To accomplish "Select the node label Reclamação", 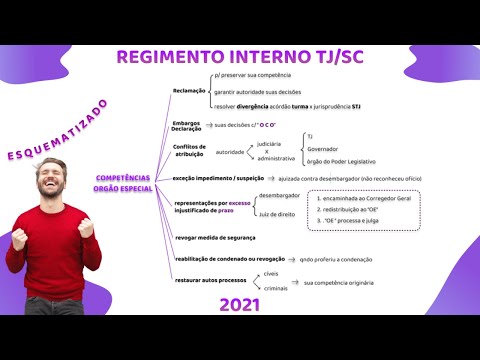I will click(x=189, y=89).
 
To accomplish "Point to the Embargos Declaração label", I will click(x=187, y=126).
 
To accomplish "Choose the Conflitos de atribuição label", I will click(x=188, y=150).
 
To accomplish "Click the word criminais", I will click(x=277, y=288).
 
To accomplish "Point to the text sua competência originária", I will click(x=339, y=282).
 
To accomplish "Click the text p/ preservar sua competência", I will click(x=253, y=76).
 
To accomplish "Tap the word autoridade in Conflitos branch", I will click(x=230, y=152).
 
